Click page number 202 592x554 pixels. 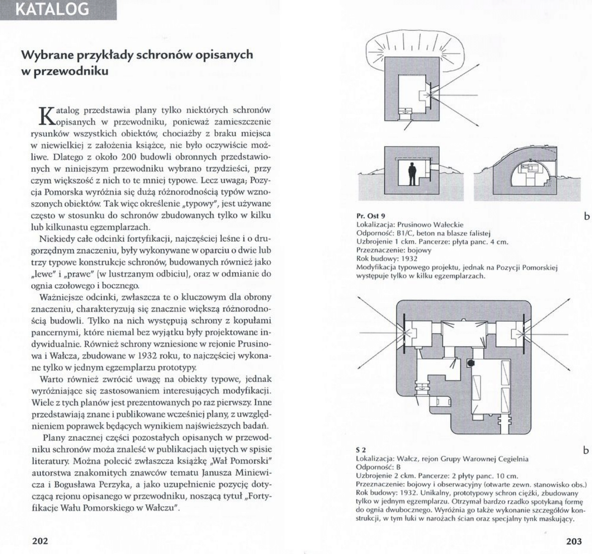39,541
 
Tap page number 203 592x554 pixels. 573,541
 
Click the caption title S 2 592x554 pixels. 361,450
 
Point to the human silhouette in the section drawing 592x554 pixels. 412,174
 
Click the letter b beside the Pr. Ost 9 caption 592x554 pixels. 586,216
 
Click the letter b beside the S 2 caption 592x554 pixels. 586,450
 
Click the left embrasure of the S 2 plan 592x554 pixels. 405,333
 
